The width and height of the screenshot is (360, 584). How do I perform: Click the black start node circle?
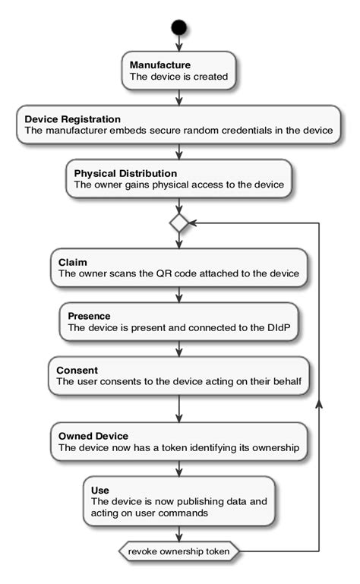coord(178,28)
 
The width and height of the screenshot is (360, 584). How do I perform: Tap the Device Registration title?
coord(72,118)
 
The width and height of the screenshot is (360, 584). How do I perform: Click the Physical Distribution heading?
coord(125,173)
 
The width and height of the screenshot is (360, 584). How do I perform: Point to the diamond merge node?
coord(178,223)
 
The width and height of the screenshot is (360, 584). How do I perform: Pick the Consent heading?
coord(78,369)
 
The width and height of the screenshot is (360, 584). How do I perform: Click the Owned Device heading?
coord(93,436)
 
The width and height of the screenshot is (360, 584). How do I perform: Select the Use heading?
coord(99,490)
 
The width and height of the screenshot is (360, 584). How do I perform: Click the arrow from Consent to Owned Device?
coord(178,410)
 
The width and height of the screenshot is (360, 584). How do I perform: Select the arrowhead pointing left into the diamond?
coord(193,223)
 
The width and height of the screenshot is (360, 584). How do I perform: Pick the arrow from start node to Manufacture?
coord(178,44)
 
